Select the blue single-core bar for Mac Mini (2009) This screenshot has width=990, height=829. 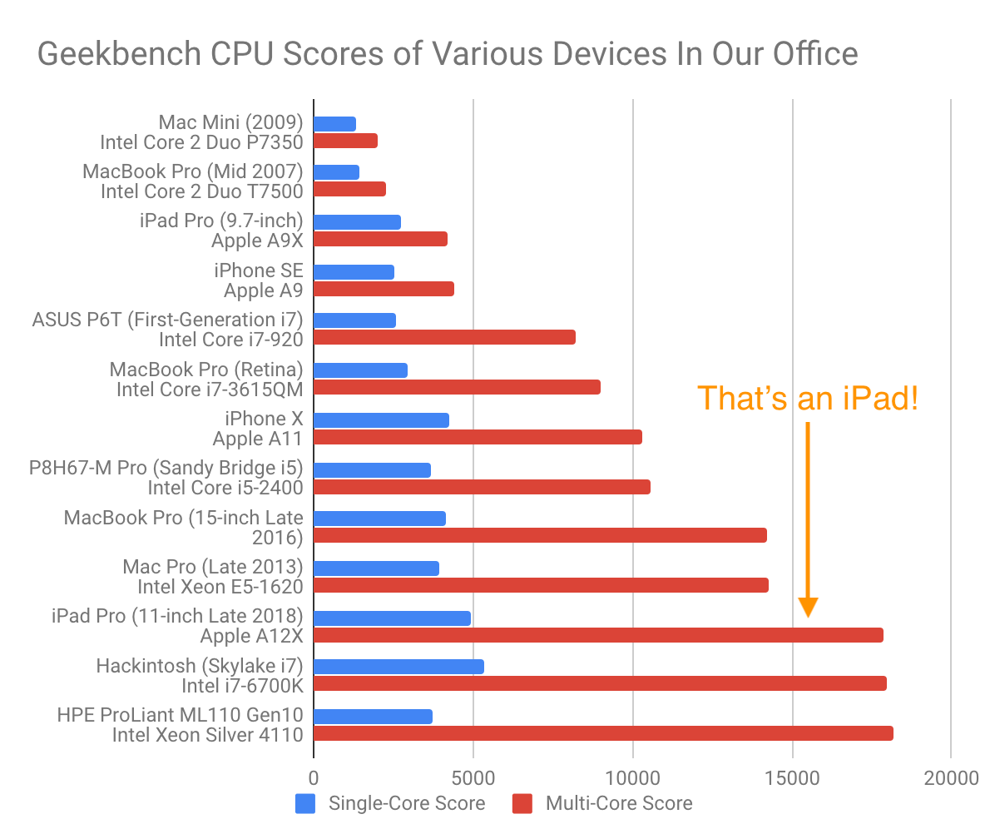(334, 124)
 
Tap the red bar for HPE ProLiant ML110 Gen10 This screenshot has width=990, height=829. (603, 733)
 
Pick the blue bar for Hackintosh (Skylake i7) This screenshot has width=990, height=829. (398, 667)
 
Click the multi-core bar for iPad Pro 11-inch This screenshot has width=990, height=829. (598, 635)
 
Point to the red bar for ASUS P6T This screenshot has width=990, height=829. (444, 337)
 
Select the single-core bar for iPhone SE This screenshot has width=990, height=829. (354, 272)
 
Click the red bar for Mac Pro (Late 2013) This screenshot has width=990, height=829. (541, 585)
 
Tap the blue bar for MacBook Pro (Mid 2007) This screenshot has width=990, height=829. (336, 172)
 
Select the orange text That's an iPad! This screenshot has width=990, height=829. (808, 399)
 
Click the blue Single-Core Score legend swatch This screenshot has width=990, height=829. (305, 803)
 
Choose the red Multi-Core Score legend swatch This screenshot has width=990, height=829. (522, 803)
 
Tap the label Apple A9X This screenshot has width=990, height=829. (257, 241)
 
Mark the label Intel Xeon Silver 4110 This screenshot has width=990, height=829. (207, 733)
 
